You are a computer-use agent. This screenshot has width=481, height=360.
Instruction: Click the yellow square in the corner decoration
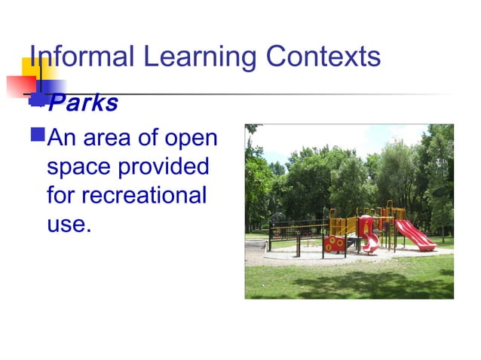(34, 70)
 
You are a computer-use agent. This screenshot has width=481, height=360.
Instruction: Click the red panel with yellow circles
(333, 243)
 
